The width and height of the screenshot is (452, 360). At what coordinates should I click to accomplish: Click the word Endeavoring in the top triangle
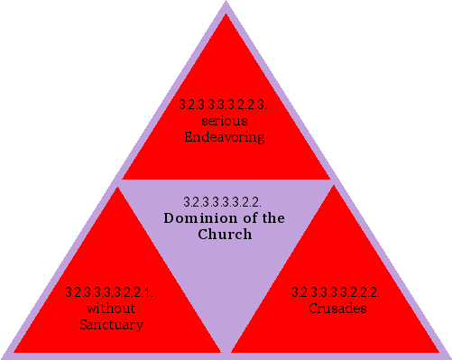pos(225,137)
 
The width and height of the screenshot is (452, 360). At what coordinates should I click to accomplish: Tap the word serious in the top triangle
pos(225,121)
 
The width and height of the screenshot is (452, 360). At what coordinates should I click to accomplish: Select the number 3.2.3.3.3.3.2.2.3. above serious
pos(225,106)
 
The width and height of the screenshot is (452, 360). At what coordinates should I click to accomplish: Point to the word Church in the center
pos(225,234)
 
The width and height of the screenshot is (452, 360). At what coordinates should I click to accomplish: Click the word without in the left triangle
pos(111,309)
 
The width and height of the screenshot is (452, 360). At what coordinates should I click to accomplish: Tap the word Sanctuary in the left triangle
pos(111,324)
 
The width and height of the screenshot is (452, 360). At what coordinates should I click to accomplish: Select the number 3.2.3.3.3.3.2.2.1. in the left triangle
pos(110,292)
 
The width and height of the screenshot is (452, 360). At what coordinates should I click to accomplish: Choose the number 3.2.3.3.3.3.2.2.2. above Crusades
pos(337,292)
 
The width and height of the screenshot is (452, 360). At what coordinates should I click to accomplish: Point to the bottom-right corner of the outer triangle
pos(449,357)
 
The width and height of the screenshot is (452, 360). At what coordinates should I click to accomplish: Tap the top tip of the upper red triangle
pos(226,14)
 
